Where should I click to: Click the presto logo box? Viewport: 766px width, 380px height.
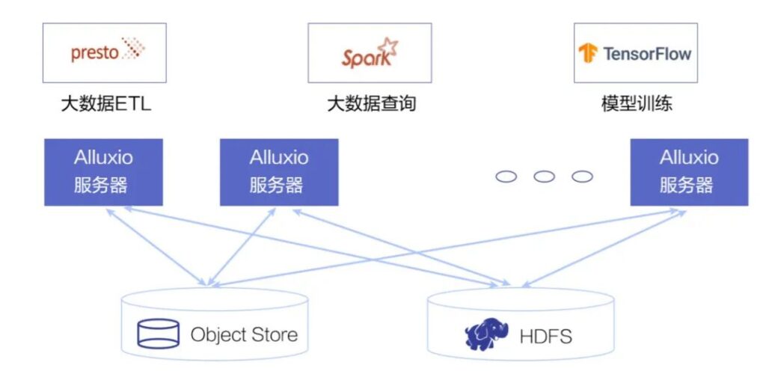(105, 52)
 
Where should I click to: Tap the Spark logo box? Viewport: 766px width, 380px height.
(370, 52)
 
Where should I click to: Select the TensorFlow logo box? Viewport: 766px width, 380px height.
(635, 52)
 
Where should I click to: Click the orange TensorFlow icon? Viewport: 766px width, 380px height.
(588, 54)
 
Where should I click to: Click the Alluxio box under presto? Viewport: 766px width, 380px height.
(103, 171)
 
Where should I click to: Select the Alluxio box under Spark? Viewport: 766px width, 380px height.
(279, 171)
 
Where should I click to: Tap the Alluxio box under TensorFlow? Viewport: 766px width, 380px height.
(689, 171)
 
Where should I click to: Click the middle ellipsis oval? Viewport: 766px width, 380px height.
(545, 177)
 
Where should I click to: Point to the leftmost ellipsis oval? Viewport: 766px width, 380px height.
(506, 177)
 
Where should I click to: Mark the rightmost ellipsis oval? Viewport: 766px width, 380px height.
(582, 177)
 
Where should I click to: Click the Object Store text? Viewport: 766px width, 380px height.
(244, 334)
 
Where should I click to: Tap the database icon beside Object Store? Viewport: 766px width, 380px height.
(158, 334)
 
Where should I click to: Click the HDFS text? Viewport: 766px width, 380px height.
(545, 337)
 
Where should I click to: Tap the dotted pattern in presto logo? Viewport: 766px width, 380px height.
(133, 49)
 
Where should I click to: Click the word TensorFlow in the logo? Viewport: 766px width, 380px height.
(647, 54)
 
